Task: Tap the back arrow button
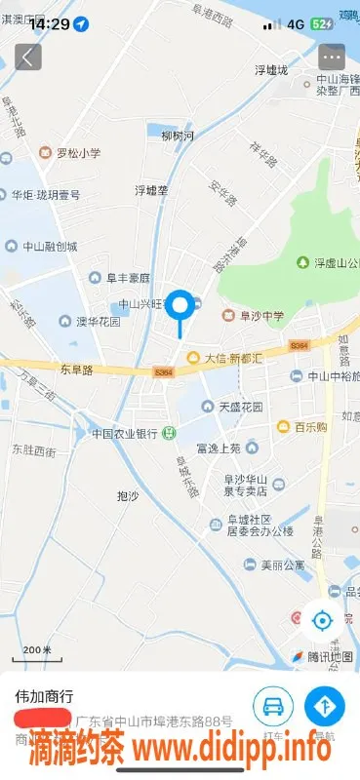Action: point(27,57)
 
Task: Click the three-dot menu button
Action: point(332,57)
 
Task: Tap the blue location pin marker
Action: point(180,306)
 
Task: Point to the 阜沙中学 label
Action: point(256,315)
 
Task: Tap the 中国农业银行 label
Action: point(125,433)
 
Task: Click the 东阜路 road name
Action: point(75,370)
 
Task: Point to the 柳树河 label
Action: point(178,136)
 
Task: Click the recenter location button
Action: point(321,619)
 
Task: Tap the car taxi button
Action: point(274,705)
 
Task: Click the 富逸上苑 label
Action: point(218,448)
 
